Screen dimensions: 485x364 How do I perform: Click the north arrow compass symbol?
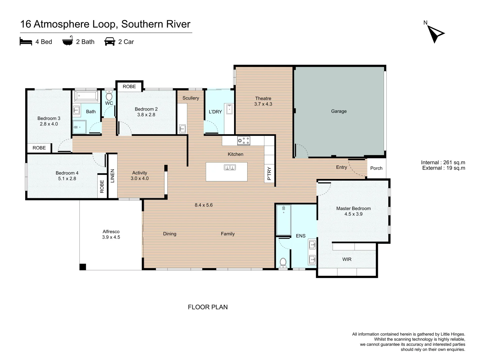(435, 34)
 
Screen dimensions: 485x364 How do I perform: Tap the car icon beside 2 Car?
(109, 41)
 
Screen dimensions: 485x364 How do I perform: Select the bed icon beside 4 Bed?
(26, 41)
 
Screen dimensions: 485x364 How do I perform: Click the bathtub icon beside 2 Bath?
(68, 41)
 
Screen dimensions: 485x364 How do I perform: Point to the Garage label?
(339, 111)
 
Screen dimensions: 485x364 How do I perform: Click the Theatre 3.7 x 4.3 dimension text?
(263, 104)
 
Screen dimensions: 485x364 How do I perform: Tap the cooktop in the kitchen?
(244, 141)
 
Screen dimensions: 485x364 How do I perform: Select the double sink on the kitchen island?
(230, 167)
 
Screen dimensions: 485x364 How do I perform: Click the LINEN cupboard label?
(112, 176)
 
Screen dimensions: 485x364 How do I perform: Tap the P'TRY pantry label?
(269, 174)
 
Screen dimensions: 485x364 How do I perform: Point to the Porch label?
(376, 168)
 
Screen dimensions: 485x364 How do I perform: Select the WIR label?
(347, 259)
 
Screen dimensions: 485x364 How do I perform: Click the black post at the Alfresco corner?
(83, 267)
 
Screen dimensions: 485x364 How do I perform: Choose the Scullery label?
(191, 98)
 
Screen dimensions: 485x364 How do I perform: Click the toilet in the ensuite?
(283, 263)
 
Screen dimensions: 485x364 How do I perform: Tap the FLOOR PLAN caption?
(208, 307)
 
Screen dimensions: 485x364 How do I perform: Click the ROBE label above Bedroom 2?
(129, 86)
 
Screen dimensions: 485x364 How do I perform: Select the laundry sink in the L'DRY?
(229, 109)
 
